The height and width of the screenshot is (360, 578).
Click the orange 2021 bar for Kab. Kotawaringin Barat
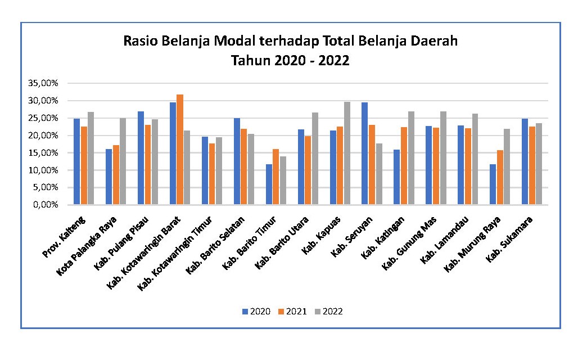point(180,150)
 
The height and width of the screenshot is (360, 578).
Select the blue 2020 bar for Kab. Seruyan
point(364,154)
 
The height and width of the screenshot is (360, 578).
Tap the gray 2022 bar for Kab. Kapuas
point(347,153)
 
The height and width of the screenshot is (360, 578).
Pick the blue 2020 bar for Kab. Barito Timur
point(269,184)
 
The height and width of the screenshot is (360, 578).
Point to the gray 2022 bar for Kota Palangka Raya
point(123,161)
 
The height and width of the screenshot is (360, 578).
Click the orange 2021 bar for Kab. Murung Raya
point(500,177)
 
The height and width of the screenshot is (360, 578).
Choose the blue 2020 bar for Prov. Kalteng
point(76,161)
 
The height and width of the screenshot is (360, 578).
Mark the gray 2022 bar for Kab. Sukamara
point(539,164)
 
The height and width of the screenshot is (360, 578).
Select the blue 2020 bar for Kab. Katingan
point(396,177)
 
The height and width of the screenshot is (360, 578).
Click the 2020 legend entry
point(256,312)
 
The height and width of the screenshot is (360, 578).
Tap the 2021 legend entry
point(292,312)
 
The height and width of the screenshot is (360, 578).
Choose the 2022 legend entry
point(328,312)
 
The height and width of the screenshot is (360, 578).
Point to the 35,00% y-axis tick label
point(43,83)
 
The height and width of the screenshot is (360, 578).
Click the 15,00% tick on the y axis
point(43,152)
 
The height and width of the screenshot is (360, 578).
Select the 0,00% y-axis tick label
point(46,205)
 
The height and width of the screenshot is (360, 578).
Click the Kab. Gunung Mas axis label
point(409,243)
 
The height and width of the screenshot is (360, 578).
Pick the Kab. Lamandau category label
point(444,240)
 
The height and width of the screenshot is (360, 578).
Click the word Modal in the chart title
point(234,41)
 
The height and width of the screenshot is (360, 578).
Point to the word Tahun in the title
point(251,60)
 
